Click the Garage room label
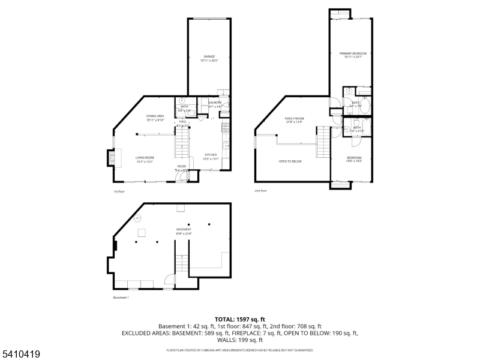[209, 58]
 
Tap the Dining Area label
[155, 118]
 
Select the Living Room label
[145, 159]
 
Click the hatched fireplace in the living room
[111, 157]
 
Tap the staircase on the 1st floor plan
[182, 143]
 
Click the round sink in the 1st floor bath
[182, 100]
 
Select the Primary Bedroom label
[353, 55]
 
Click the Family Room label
[295, 120]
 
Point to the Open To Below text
[290, 161]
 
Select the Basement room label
[184, 232]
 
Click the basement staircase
[182, 264]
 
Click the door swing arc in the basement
[169, 278]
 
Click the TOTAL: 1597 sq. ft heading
[240, 319]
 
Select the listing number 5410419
[20, 355]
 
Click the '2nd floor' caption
[260, 191]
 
